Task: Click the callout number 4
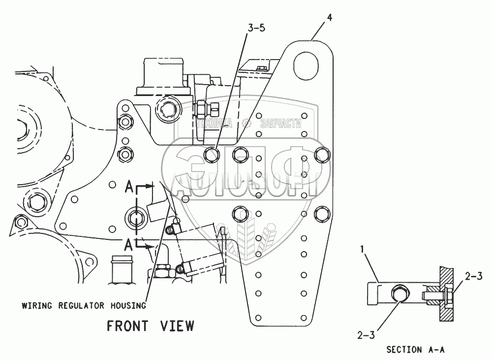[329, 18]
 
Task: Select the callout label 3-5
[256, 28]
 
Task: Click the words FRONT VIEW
[151, 326]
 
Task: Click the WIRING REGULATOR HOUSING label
[84, 305]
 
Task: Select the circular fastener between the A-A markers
[134, 216]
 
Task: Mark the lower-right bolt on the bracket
[321, 213]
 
